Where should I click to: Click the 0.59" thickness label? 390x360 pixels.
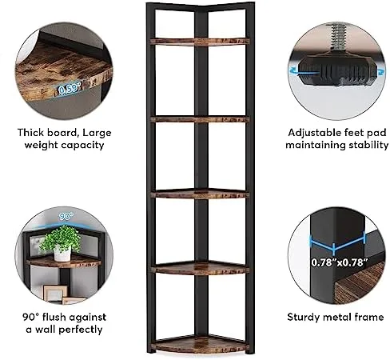70,89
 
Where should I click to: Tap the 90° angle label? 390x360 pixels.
66,216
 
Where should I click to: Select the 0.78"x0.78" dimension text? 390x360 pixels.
337,262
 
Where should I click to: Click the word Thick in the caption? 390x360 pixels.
31,133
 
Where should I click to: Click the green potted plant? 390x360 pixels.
61,239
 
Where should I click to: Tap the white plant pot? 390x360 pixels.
62,254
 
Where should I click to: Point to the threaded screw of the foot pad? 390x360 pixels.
337,37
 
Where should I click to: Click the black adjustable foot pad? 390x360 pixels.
337,70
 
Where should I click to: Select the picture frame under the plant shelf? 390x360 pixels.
55,293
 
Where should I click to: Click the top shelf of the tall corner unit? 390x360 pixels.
200,42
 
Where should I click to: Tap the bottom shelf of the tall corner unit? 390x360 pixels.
201,344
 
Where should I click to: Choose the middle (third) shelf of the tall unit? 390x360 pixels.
200,194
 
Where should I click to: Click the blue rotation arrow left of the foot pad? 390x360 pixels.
292,70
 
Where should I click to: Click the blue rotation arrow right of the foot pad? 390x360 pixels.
381,71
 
